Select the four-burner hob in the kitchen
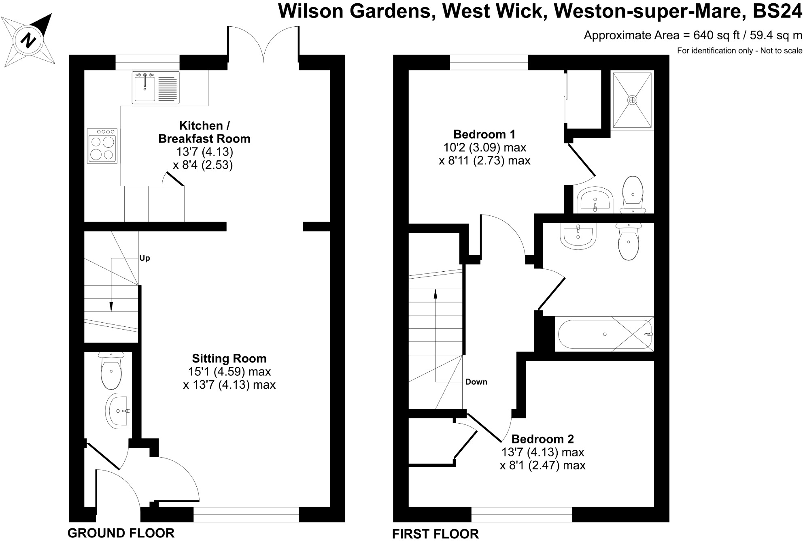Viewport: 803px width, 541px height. click(x=102, y=146)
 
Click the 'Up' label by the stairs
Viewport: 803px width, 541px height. click(x=144, y=258)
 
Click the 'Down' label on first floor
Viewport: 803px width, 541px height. click(x=476, y=382)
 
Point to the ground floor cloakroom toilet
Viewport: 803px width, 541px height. click(x=111, y=371)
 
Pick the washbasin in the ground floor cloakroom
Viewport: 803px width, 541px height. click(x=119, y=410)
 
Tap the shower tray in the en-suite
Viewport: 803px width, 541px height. click(x=632, y=100)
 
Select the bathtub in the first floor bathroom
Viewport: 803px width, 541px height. click(x=605, y=334)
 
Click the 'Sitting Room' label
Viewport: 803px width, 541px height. click(x=229, y=359)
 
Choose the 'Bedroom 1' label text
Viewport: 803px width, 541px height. click(x=484, y=134)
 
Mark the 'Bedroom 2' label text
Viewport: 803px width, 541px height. click(x=542, y=439)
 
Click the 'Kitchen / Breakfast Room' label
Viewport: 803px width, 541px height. click(x=204, y=132)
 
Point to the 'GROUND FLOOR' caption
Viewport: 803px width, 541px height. click(x=121, y=533)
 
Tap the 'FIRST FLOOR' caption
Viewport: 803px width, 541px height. click(x=435, y=534)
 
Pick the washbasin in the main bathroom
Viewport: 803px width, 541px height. click(x=578, y=236)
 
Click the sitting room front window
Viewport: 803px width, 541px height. click(x=246, y=515)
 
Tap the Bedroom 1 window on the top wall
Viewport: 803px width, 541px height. click(x=489, y=62)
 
